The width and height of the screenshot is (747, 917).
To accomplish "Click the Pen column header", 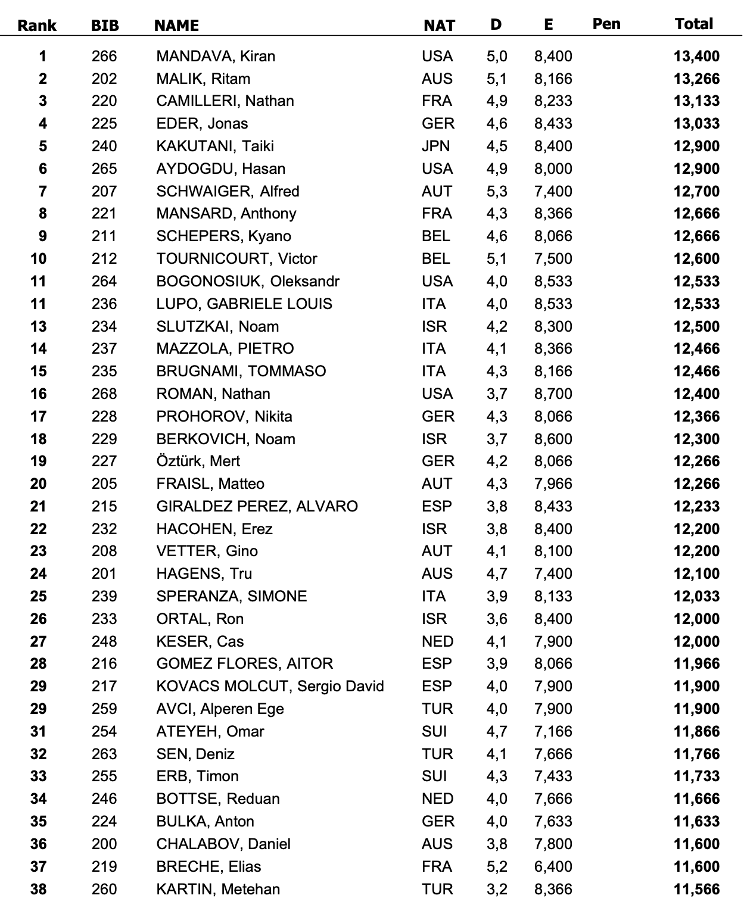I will (606, 24).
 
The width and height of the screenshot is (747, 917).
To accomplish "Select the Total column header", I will (694, 24).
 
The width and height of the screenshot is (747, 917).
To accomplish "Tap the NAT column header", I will (439, 26).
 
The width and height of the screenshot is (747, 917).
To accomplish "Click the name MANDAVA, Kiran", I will (216, 57).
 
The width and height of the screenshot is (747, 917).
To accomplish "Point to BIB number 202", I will (104, 79).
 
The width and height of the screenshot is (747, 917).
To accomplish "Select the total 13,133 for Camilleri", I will (696, 101).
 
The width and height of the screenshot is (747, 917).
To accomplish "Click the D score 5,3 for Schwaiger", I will (497, 192).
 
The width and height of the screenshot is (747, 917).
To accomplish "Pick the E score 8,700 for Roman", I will (553, 394).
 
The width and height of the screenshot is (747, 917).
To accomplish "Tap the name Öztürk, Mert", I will (198, 461).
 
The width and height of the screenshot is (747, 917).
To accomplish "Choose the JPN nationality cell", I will (436, 146).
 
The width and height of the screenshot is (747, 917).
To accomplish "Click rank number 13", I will (38, 327).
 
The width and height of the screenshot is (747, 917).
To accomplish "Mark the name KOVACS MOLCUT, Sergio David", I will (270, 687).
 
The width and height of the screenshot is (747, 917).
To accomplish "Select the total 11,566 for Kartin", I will (696, 890).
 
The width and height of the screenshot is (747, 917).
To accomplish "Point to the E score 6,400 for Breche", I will (553, 867).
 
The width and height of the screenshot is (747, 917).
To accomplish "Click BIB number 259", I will (104, 709).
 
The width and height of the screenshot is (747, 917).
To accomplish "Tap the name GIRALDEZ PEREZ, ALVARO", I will (257, 507).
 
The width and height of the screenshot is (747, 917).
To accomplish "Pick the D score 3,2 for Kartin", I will (497, 890).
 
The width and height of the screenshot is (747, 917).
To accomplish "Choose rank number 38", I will (38, 890).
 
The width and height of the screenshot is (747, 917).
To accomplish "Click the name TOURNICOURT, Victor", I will (236, 259).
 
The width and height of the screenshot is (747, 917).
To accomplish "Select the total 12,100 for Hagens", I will (696, 574).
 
